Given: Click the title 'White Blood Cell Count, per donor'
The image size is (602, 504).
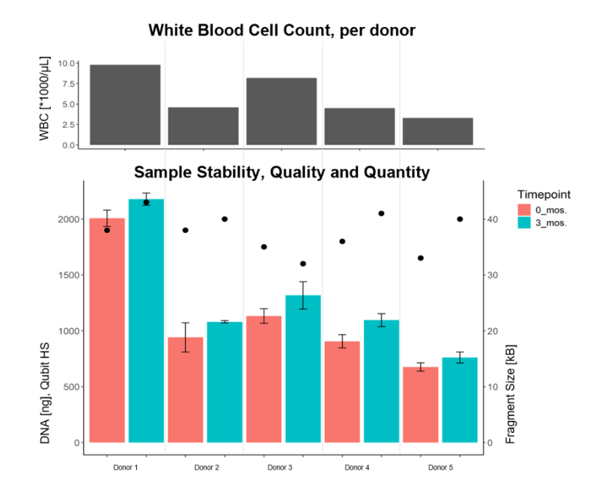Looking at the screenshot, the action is [x=282, y=30].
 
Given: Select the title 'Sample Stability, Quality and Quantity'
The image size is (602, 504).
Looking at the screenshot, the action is [x=282, y=172].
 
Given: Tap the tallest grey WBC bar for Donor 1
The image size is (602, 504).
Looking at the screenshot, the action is [x=125, y=105].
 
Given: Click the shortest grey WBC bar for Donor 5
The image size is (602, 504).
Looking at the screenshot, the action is [x=438, y=131].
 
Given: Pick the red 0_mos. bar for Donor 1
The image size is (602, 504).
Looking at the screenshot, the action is [x=107, y=330].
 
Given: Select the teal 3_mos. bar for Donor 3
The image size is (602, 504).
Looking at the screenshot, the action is [x=303, y=368].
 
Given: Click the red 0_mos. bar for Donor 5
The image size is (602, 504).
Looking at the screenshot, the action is [x=420, y=404].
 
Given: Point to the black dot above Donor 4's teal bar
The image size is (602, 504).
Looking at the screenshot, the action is [x=381, y=213].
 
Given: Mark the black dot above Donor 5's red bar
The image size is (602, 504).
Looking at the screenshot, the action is [x=420, y=258].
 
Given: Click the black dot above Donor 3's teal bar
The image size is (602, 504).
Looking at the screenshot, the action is [x=303, y=264].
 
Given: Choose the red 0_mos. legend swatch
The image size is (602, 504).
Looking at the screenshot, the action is [x=524, y=210].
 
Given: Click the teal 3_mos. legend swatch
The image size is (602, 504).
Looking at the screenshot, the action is [x=524, y=222].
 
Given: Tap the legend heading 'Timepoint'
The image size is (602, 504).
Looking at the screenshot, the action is [x=544, y=194].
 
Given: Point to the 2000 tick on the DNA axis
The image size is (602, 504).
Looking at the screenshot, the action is [x=69, y=219].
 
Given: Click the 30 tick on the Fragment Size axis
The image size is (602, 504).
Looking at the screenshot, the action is [x=493, y=276].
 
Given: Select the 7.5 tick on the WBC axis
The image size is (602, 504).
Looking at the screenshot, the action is [x=69, y=84].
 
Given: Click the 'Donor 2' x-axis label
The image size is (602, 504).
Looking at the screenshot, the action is [x=207, y=467].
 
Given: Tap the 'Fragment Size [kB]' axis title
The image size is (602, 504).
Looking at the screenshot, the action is [x=510, y=394].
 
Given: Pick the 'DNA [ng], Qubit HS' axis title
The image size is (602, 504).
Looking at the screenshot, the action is [x=45, y=393].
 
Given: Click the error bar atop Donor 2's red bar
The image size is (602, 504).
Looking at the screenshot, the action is [x=186, y=338].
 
